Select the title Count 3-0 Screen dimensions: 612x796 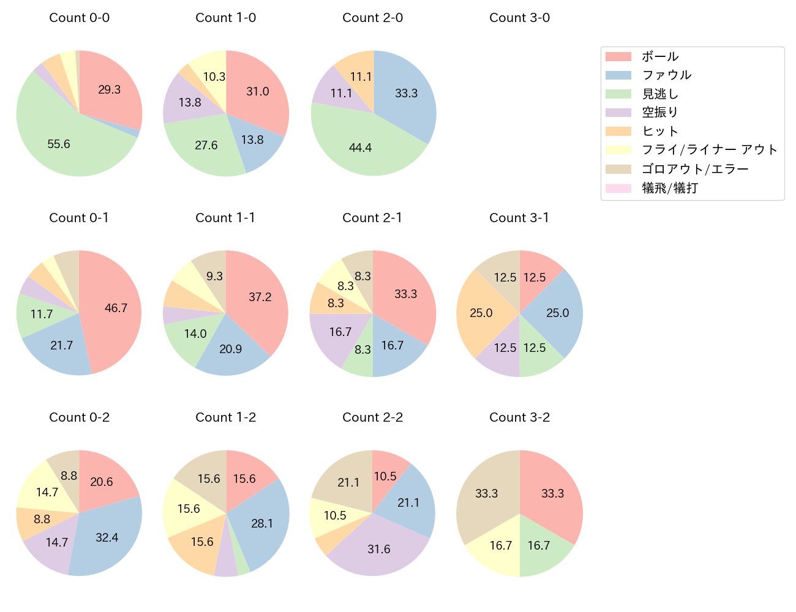519,18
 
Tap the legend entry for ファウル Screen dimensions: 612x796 666,75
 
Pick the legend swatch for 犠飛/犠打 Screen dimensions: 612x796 618,188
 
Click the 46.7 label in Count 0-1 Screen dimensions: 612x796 116,308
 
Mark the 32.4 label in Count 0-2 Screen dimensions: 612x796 107,537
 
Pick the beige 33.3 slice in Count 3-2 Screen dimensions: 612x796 487,493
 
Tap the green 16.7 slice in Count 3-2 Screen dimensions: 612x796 539,545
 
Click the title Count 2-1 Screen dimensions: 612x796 372,218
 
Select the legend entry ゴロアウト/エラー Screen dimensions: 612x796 694,170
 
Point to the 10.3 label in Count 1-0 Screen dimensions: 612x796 214,76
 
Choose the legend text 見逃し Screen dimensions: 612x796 660,94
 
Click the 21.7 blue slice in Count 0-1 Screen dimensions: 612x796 61,346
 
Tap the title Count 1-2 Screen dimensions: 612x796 225,417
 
